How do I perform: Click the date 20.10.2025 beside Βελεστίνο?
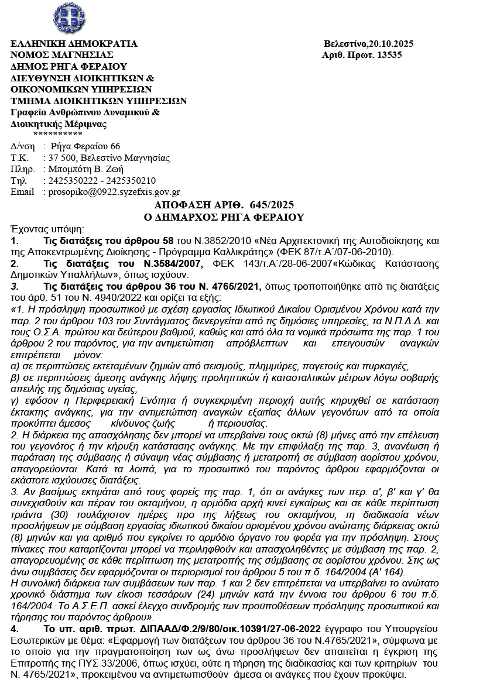pos(390,44)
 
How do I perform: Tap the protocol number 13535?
pos(389,55)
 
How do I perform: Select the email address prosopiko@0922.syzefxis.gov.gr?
pos(114,191)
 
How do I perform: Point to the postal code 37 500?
pos(61,158)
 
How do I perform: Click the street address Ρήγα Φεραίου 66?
pos(85,146)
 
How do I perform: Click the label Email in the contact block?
pos(23,191)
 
